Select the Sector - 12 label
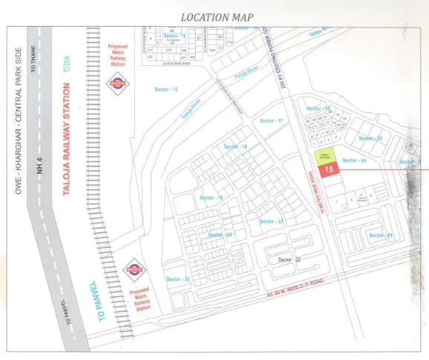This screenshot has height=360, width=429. pyautogui.click(x=166, y=89)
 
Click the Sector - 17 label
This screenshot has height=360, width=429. pyautogui.click(x=272, y=120)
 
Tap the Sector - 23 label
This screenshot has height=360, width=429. pyautogui.click(x=271, y=222)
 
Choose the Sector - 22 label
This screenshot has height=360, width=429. pyautogui.click(x=289, y=260)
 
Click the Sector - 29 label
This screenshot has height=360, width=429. pyautogui.click(x=380, y=235)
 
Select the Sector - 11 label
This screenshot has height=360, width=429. pyautogui.click(x=174, y=36)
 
